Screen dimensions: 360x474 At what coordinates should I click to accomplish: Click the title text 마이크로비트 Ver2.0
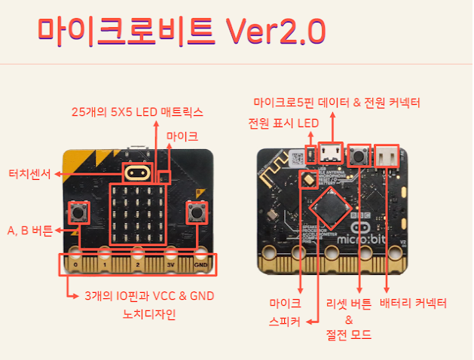coord(181,31)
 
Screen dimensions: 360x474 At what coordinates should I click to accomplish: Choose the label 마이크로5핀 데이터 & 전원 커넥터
coord(336,102)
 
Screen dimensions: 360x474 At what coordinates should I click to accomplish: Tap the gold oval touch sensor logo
coord(137,172)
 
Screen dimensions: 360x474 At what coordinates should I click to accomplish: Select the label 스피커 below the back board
coord(285,321)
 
